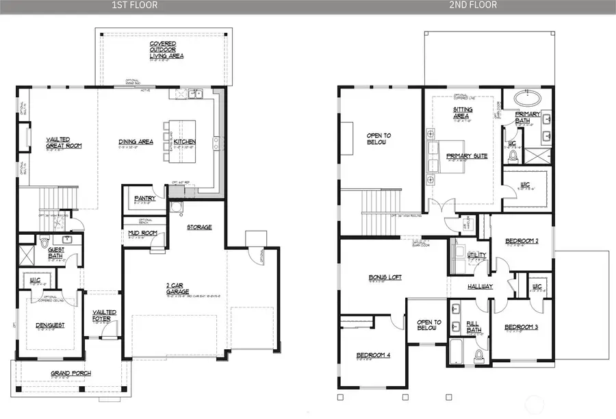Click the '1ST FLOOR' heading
[x=135, y=5]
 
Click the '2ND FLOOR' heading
[x=473, y=5]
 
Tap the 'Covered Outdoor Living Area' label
[x=164, y=50]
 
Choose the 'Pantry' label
[x=144, y=199]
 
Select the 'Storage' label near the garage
[x=200, y=227]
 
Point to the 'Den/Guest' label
[x=51, y=325]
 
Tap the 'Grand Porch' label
[x=71, y=373]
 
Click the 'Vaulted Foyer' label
[x=105, y=315]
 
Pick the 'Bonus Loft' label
[x=385, y=277]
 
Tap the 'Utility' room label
[x=476, y=255]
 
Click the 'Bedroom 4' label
[x=372, y=355]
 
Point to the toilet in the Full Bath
[x=478, y=354]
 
